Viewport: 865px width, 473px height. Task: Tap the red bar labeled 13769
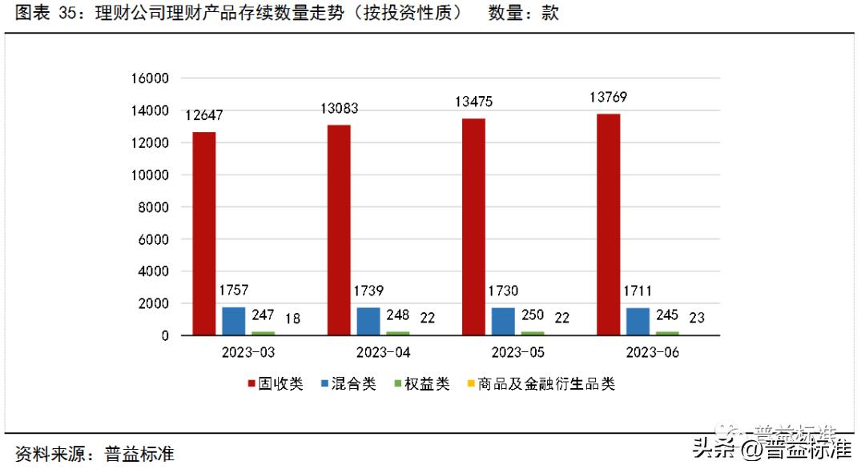click(x=609, y=225)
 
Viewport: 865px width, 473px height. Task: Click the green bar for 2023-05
click(x=532, y=333)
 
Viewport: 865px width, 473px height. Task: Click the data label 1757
click(x=233, y=290)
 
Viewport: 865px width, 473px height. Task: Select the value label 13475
click(x=473, y=102)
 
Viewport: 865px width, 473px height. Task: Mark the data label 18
click(x=292, y=319)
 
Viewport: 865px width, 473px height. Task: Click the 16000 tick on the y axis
click(x=150, y=78)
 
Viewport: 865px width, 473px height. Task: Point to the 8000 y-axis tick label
click(x=153, y=207)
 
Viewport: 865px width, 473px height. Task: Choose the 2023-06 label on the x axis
click(x=653, y=353)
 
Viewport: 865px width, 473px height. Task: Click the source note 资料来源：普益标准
click(x=95, y=455)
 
